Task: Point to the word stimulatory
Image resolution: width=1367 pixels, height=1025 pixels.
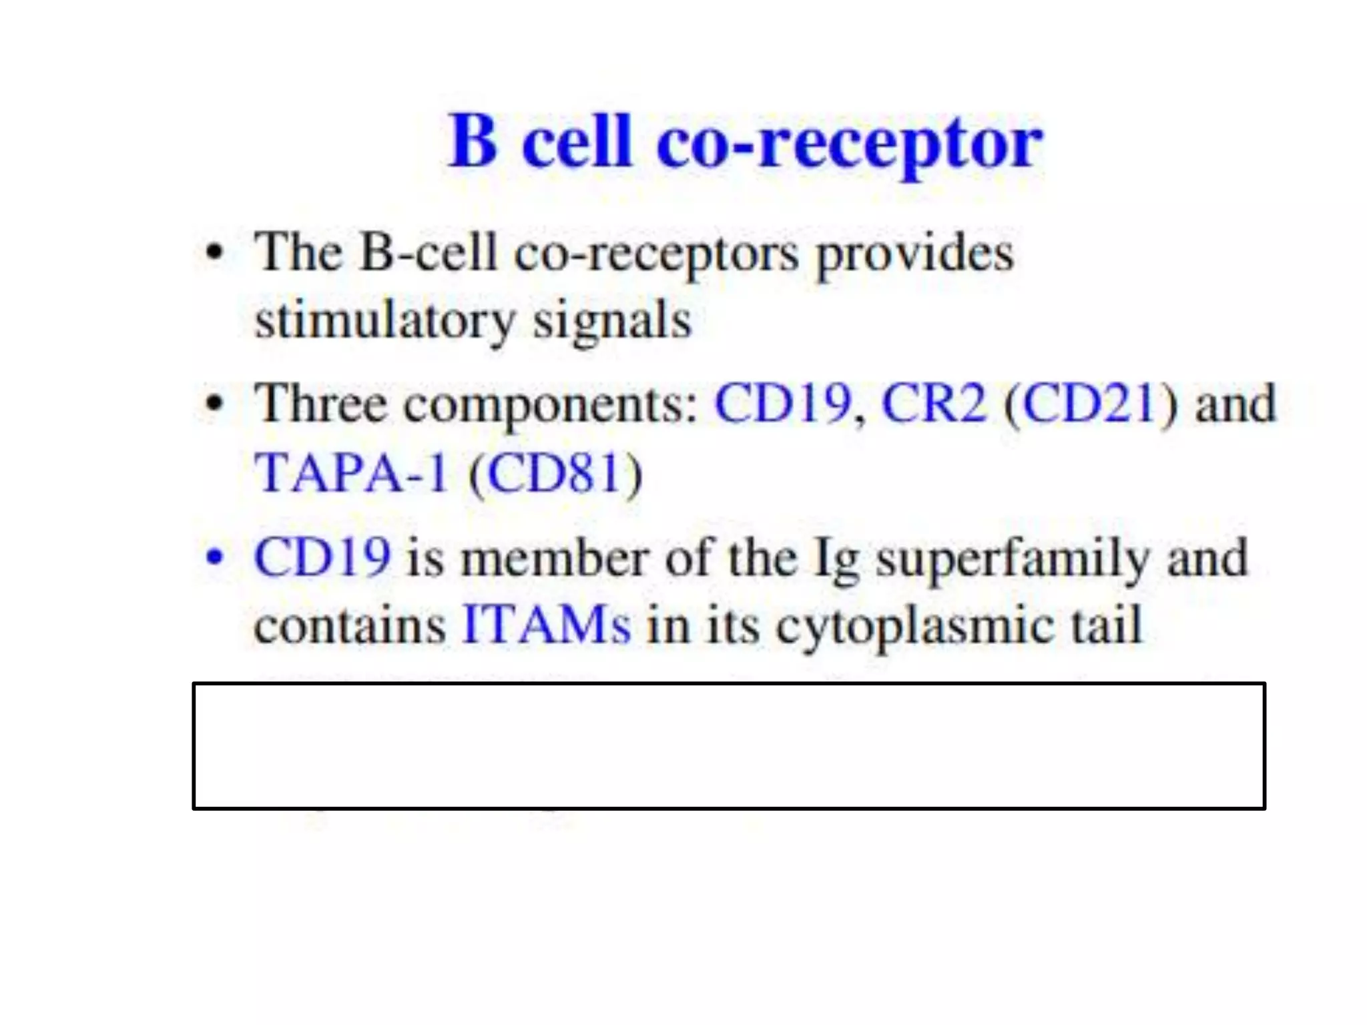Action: (x=384, y=322)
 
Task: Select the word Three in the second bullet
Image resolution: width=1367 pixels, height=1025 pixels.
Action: (x=321, y=404)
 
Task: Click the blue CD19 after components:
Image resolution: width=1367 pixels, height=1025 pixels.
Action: (x=782, y=404)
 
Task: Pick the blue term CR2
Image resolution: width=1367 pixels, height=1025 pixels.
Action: (x=934, y=404)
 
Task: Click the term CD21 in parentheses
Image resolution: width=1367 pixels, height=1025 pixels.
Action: (x=1089, y=404)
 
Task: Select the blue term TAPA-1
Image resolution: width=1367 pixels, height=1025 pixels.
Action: (x=351, y=473)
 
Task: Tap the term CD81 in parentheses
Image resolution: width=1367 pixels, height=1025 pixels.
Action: (x=555, y=473)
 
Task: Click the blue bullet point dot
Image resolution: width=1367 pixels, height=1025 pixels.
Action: (x=214, y=557)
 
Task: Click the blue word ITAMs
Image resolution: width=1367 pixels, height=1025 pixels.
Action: (x=546, y=625)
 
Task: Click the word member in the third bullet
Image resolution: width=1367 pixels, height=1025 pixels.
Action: (x=555, y=558)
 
